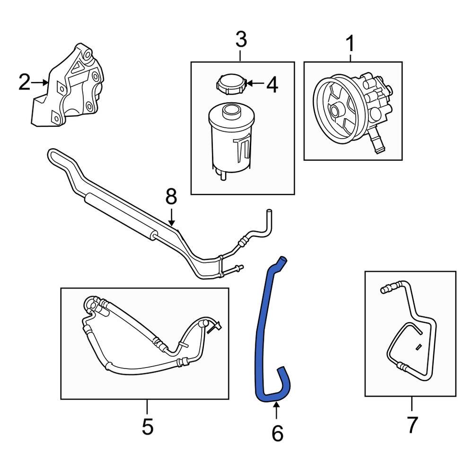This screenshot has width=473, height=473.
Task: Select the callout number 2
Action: click(x=24, y=83)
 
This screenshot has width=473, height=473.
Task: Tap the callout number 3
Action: click(x=241, y=40)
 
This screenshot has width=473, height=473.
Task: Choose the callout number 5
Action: click(x=147, y=427)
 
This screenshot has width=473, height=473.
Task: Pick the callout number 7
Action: click(x=412, y=424)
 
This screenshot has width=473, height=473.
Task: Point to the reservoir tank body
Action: click(x=229, y=142)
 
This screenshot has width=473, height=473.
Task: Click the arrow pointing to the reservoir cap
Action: click(x=255, y=84)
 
